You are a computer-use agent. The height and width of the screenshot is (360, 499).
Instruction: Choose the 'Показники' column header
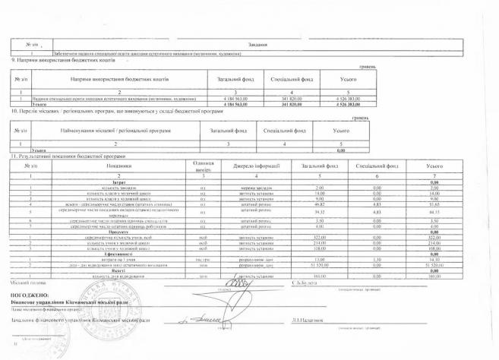coord(113,166)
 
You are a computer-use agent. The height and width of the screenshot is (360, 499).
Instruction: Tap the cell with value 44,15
coord(435,213)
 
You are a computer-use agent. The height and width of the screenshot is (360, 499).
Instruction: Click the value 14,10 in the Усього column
coord(435,260)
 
